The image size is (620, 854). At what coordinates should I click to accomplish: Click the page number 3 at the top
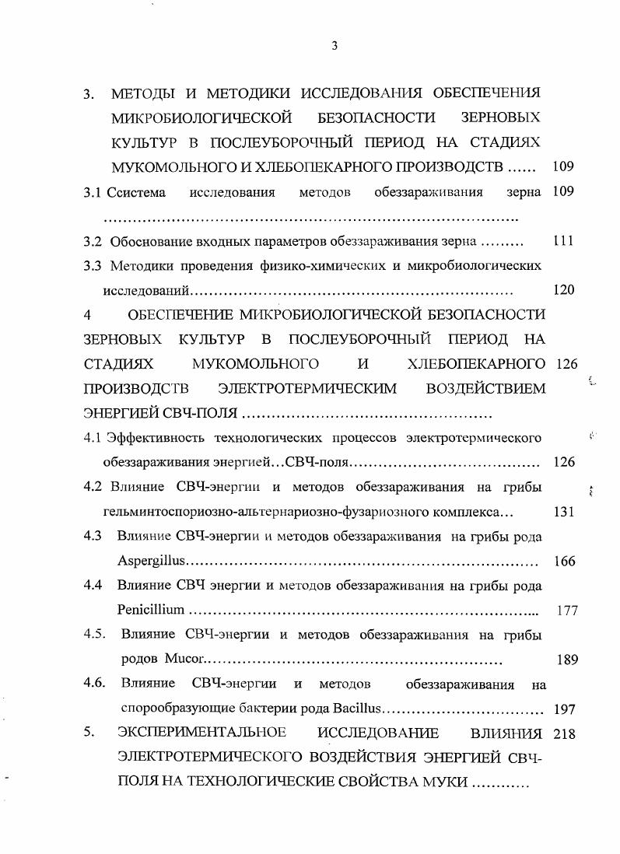tap(333, 45)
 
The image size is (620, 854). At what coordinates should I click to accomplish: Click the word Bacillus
tap(357, 709)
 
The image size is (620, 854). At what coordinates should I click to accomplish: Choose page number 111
tap(562, 241)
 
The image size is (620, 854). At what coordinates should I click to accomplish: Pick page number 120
tap(562, 290)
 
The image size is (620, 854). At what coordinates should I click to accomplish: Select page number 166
tap(562, 562)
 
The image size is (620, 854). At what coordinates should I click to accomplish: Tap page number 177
tap(567, 611)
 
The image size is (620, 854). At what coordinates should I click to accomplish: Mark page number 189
tap(567, 660)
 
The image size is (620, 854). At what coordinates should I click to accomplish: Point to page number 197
tap(562, 709)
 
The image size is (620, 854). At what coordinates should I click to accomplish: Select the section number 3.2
tap(93, 241)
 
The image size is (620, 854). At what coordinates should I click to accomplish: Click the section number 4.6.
tap(95, 684)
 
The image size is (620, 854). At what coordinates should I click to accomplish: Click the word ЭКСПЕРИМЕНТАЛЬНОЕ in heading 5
tap(201, 733)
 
